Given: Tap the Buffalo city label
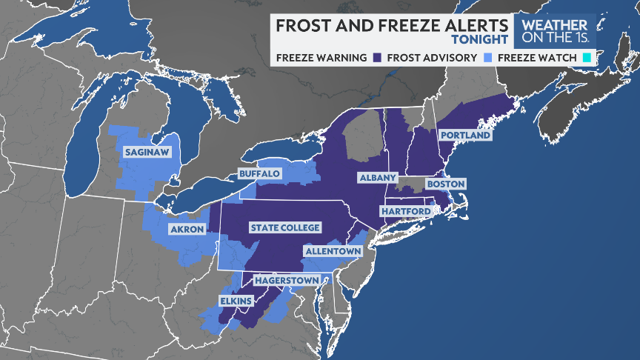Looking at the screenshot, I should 259,173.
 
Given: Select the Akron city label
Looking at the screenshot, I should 187,230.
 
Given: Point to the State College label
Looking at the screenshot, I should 285,227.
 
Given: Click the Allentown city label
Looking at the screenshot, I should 333,251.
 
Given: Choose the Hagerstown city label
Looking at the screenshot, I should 287,280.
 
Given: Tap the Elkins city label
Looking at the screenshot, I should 236,301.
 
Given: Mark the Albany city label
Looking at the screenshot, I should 379,178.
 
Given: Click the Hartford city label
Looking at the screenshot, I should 406,212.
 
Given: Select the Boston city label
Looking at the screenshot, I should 445,184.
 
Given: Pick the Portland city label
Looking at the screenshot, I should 465,136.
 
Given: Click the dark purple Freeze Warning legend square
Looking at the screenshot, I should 378,57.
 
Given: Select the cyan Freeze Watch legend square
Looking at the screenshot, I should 586,57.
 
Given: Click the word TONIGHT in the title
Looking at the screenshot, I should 480,39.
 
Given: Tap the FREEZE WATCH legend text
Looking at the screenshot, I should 537,57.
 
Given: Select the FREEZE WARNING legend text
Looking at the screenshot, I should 321,57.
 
